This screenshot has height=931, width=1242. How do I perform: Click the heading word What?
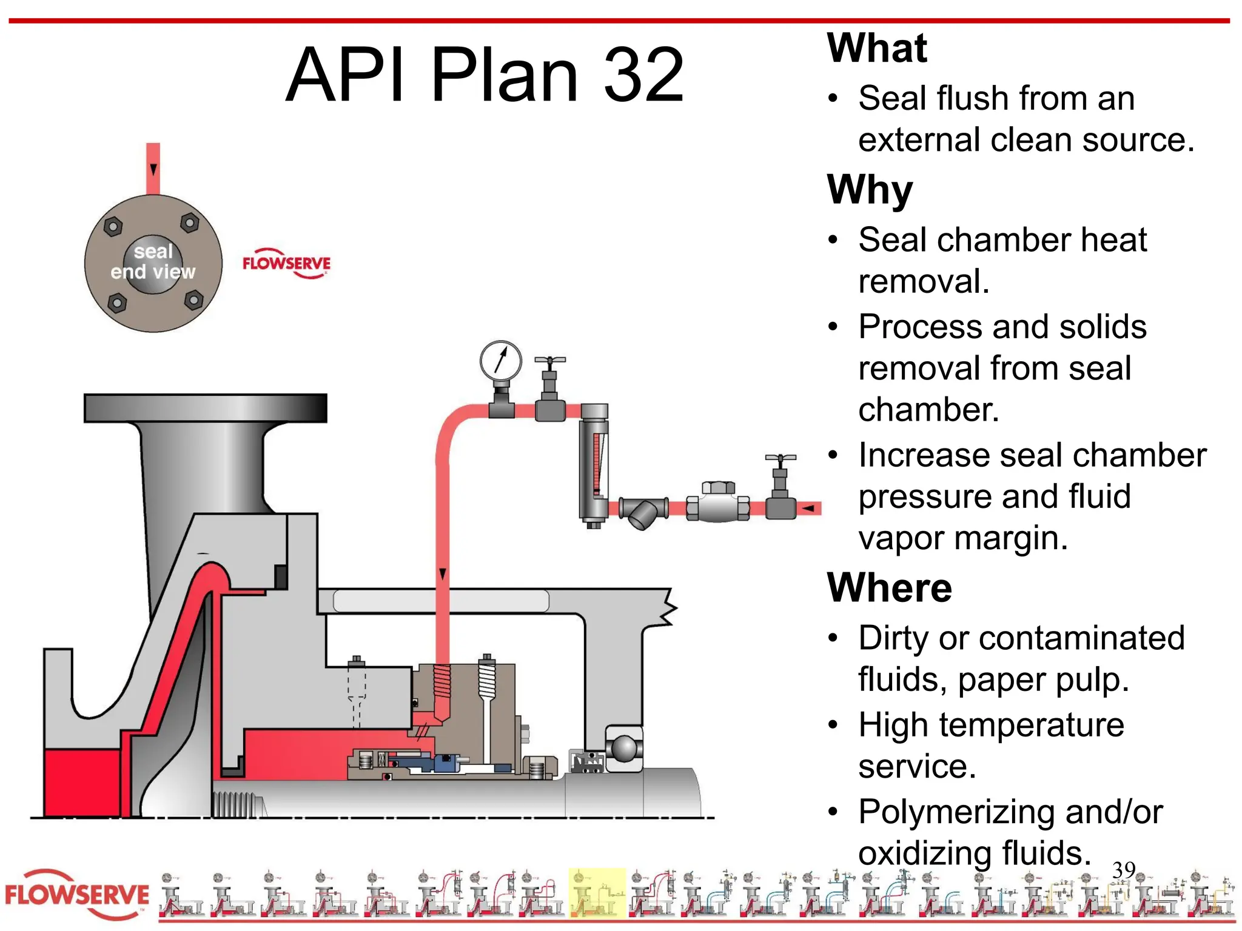point(877,48)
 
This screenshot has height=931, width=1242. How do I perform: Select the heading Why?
point(870,190)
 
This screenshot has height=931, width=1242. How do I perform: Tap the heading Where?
point(889,588)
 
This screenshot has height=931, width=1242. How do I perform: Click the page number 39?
point(1124,870)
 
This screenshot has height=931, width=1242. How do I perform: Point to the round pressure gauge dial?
point(500,361)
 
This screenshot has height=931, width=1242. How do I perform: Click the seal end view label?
point(153,262)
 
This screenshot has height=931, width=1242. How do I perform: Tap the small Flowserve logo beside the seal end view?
point(286,264)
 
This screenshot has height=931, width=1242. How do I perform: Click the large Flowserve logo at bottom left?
point(77,895)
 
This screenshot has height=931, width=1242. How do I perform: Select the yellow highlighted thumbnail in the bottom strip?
point(597,893)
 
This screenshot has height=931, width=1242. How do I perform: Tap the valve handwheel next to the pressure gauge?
point(549,360)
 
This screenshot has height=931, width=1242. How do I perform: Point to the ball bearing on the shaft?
point(624,748)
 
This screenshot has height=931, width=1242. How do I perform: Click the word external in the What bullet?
point(919,140)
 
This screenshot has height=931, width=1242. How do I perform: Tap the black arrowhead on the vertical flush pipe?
point(443,573)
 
